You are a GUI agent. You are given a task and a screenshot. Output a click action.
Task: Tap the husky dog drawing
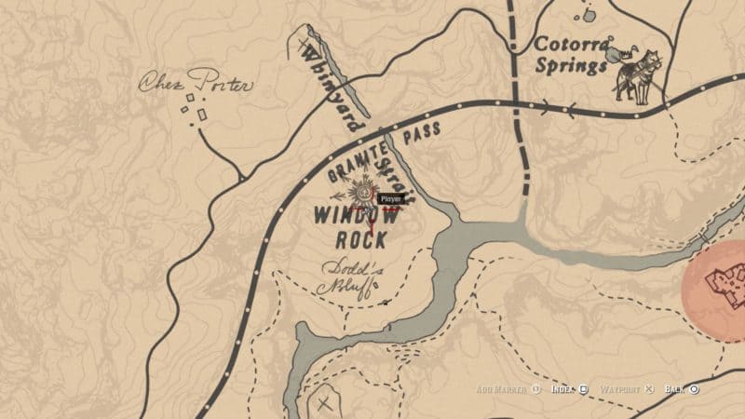point(635,74)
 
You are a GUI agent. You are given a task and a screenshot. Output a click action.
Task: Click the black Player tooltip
point(388,198)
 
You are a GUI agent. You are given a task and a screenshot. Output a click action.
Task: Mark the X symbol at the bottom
point(324,404)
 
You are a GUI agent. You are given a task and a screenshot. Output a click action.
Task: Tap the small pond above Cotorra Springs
point(588,15)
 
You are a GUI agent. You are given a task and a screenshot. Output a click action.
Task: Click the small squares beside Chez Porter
point(196,107)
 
